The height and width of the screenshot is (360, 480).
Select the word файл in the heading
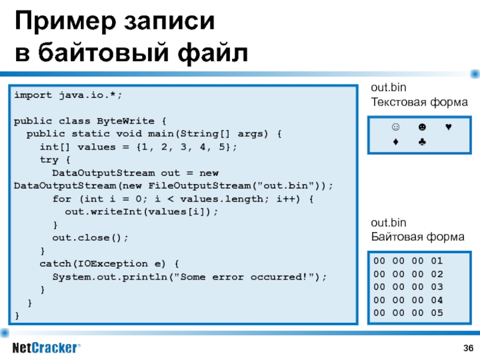[212, 53]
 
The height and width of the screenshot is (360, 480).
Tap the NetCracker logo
[46, 348]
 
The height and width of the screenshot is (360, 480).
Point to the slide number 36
[469, 348]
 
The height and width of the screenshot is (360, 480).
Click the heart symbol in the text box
[448, 127]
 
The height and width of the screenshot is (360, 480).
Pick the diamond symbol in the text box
[395, 142]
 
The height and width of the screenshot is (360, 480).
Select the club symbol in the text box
[422, 142]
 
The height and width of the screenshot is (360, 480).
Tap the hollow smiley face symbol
[395, 127]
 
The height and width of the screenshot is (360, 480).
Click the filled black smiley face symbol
[422, 127]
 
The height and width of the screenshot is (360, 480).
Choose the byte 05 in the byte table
[437, 313]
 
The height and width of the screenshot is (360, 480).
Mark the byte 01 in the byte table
[437, 261]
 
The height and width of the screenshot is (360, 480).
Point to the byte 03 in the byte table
[437, 287]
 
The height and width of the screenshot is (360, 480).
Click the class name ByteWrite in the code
[125, 121]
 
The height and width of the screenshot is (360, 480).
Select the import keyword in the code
[33, 95]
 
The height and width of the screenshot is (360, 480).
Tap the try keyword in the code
[49, 160]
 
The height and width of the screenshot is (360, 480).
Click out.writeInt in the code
[103, 212]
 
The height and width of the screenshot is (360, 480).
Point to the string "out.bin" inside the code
[286, 186]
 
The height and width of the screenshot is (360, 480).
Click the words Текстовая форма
[419, 102]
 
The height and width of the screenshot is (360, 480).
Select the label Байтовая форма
[418, 236]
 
